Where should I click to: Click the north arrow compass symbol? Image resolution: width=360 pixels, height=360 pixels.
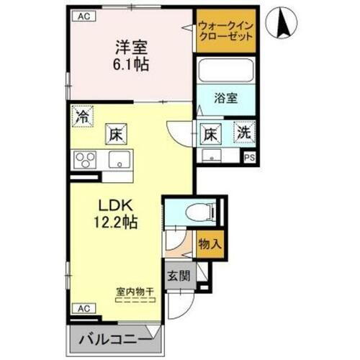point(282,24)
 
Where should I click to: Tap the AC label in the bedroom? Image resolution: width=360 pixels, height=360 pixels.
point(83,15)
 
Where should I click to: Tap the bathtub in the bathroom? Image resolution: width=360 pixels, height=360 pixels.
point(225,71)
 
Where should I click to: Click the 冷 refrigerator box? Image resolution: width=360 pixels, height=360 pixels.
point(84,115)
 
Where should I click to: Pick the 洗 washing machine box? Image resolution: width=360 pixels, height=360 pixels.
point(246,132)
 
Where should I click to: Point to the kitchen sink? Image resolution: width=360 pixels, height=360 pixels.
point(117,158)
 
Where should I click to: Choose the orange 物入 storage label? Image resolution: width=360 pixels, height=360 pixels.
point(209,244)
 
